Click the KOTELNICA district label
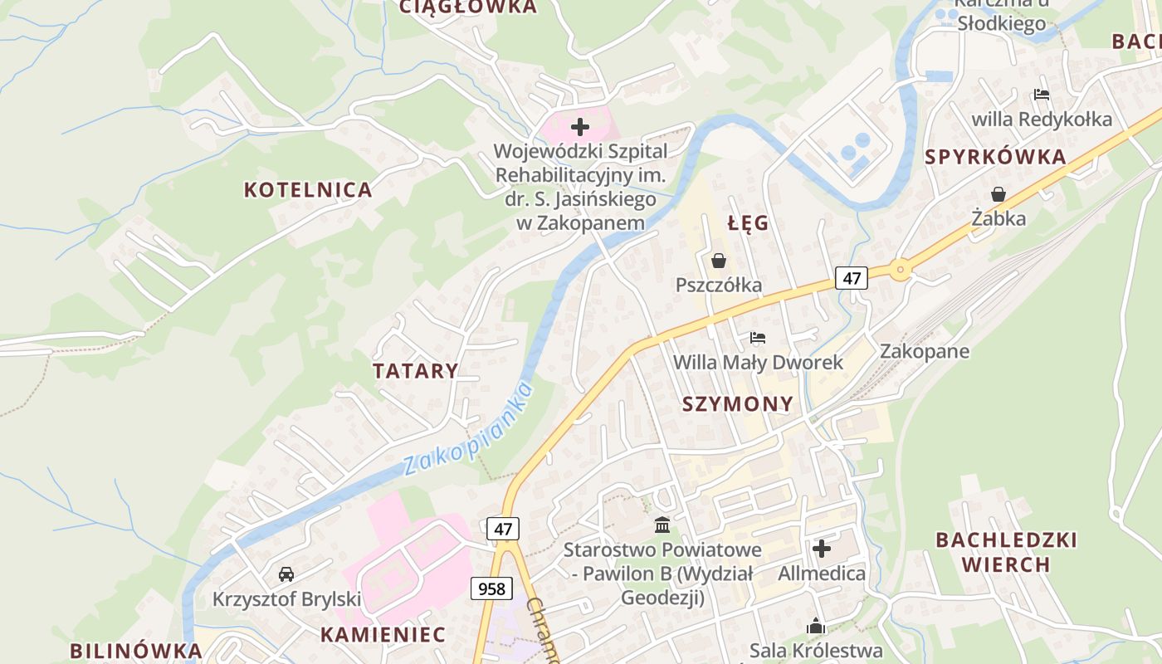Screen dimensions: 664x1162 click(308, 190)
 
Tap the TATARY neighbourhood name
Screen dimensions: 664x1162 click(415, 371)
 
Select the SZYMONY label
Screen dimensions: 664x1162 click(737, 404)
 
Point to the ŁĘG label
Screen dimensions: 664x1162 click(748, 223)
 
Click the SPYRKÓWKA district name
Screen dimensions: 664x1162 click(995, 158)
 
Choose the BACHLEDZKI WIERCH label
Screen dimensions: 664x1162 click(1006, 552)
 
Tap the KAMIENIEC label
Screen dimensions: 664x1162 click(383, 635)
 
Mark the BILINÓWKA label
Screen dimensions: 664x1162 click(136, 651)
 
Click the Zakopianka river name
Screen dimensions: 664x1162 click(467, 429)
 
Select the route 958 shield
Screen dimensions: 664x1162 click(491, 588)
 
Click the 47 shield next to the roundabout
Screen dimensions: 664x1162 click(852, 278)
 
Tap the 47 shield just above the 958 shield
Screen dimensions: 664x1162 click(502, 529)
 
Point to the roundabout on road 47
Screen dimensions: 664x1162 click(901, 269)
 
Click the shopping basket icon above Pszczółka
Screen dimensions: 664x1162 click(719, 261)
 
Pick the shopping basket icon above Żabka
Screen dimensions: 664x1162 click(998, 194)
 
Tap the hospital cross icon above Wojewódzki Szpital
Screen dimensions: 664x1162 click(580, 127)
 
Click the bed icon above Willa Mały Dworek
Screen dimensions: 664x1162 click(758, 338)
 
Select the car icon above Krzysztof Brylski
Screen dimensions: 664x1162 click(286, 574)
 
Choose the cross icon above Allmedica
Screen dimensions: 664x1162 click(822, 549)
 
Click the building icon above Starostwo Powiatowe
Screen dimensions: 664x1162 click(662, 525)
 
